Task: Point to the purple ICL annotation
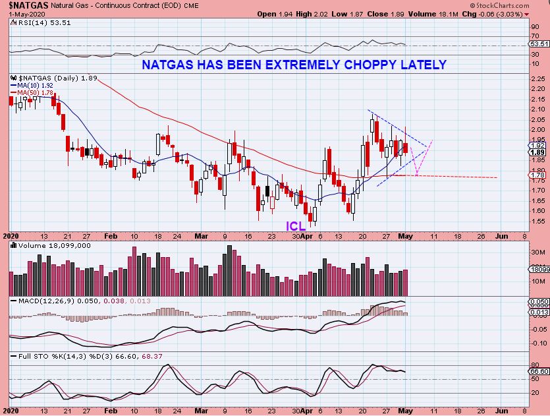[x=296, y=225]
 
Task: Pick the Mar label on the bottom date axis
[x=200, y=235]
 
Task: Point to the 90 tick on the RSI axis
[x=536, y=27]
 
